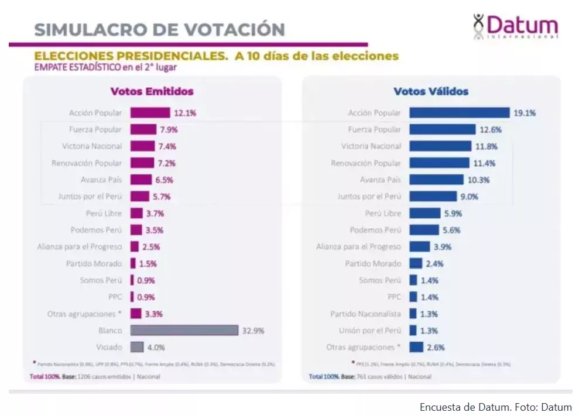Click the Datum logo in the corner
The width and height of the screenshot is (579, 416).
[x=515, y=26]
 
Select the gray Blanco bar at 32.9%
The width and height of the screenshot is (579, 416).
[x=184, y=331]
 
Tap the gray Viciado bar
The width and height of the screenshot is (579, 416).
[x=136, y=347]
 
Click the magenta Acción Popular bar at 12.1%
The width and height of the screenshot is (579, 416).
[x=150, y=112]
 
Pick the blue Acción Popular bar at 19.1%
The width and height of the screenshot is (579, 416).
[x=459, y=113]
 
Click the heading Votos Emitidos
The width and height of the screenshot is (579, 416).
[x=152, y=91]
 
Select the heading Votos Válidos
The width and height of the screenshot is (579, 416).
[x=431, y=91]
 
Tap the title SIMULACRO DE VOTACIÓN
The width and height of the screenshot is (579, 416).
[x=159, y=29]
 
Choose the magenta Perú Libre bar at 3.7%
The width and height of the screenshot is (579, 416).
[x=136, y=213]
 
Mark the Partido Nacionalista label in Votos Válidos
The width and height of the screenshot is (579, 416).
[x=365, y=314]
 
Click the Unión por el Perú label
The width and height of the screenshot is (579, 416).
[x=370, y=331]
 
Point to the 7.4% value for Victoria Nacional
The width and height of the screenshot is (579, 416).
[x=166, y=146]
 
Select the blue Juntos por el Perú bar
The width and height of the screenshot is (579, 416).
[x=433, y=197]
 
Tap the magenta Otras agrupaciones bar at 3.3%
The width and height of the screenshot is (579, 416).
[x=136, y=314]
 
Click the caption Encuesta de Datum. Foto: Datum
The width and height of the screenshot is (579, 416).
[x=495, y=407]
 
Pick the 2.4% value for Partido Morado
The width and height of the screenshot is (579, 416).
[x=434, y=264]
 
